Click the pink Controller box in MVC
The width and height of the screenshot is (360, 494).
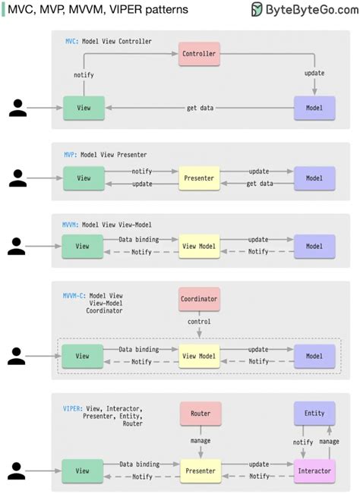click(x=200, y=54)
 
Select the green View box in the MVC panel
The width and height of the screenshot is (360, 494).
click(x=84, y=108)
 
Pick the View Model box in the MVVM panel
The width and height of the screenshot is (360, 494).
click(x=200, y=246)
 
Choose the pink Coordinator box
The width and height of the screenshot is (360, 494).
click(x=200, y=299)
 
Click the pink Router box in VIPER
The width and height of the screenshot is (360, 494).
click(x=200, y=414)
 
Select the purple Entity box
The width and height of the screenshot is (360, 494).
click(x=314, y=414)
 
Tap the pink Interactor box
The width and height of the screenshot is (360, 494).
click(x=314, y=470)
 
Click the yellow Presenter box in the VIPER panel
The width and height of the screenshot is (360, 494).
click(x=200, y=470)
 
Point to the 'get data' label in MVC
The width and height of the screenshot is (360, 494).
click(x=201, y=108)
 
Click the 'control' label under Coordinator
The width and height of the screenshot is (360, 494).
click(x=200, y=322)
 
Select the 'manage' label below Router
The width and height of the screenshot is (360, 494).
click(x=200, y=440)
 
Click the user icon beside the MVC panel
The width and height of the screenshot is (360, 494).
click(x=18, y=108)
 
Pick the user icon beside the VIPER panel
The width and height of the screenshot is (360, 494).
click(x=18, y=470)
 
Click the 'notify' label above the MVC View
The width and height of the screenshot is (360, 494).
click(x=84, y=75)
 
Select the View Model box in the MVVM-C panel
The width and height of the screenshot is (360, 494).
click(x=200, y=356)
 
